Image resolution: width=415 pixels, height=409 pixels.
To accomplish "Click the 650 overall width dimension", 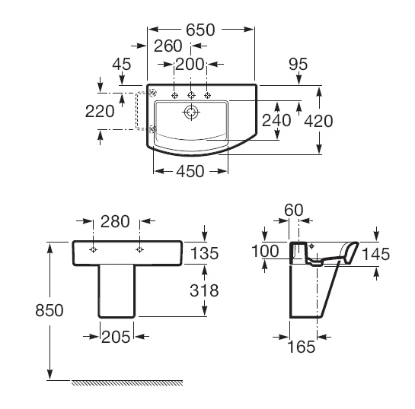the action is (200, 30).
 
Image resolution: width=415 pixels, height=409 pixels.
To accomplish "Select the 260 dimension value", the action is (168, 46).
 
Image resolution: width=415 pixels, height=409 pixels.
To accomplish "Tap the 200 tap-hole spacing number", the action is (190, 64).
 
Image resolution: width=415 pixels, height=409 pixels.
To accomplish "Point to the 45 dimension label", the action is (122, 64).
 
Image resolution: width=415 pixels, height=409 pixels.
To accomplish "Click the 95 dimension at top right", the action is (298, 64).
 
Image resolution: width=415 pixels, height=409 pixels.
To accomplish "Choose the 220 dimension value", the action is (100, 111).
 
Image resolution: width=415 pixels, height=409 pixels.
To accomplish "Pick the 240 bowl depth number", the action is (276, 120).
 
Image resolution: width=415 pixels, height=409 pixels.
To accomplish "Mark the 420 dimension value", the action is (318, 122).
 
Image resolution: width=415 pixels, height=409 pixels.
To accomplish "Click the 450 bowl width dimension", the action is (190, 171).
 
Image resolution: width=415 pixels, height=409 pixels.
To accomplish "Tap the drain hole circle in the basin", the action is (191, 113).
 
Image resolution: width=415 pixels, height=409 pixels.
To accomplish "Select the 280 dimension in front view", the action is (115, 221).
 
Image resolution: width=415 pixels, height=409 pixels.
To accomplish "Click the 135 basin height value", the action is (204, 253).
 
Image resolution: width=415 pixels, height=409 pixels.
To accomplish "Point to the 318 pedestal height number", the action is (204, 290).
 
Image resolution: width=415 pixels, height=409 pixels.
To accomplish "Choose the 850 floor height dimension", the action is (49, 310).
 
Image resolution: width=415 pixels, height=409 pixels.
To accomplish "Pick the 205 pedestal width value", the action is (116, 337).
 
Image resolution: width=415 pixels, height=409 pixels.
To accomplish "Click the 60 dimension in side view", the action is (293, 211).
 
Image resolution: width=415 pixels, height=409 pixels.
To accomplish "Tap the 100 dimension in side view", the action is (265, 251).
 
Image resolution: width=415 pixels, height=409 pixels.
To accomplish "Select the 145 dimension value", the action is (375, 254).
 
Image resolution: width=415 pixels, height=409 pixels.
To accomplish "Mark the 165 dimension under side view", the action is (302, 347).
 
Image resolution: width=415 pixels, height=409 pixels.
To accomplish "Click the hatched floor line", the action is (127, 382).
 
